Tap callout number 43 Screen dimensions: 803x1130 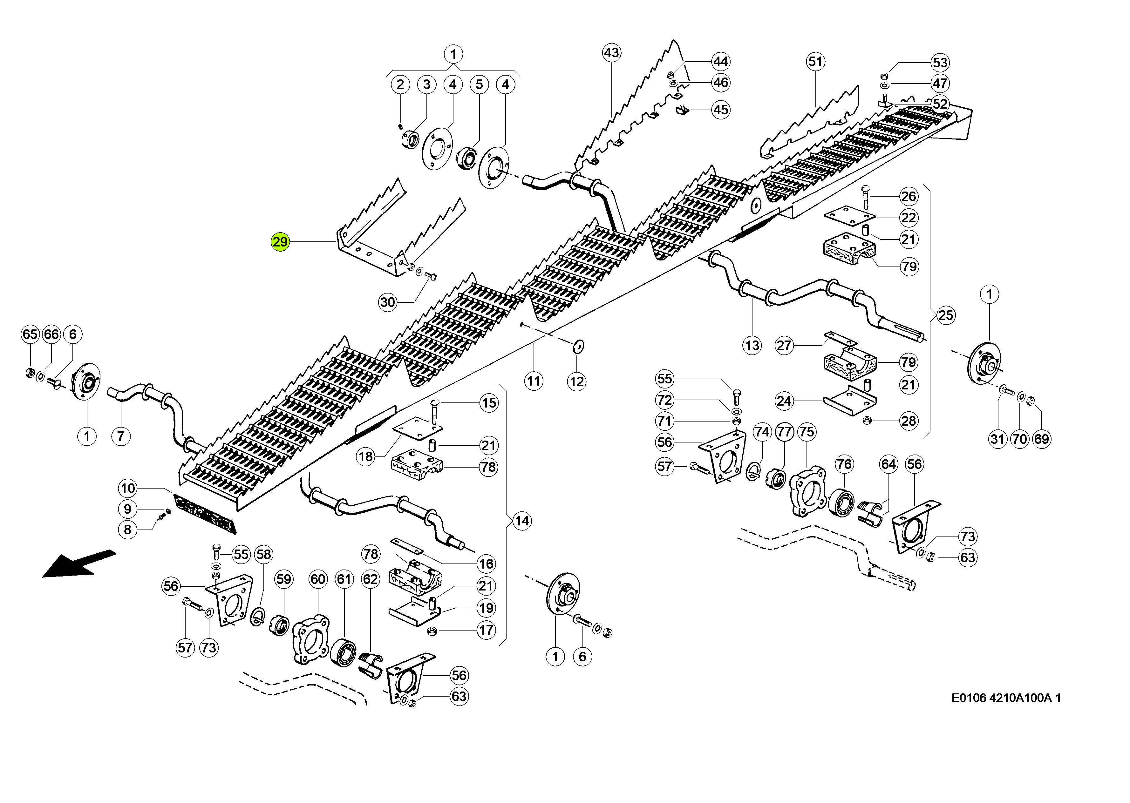coord(611,52)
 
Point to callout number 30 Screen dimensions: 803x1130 coord(388,302)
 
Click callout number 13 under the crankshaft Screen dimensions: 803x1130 coord(752,345)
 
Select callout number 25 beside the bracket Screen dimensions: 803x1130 coord(946,315)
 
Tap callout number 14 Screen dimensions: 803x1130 coord(522,521)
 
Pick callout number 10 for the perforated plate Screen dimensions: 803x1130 coord(128,489)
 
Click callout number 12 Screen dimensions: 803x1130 coord(577,381)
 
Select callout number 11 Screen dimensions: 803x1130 coord(533,381)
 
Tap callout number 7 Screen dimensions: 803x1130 coord(121,436)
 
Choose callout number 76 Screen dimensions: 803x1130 coord(844,464)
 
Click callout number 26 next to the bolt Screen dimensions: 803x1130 coord(909,196)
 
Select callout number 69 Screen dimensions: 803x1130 coord(1041,439)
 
